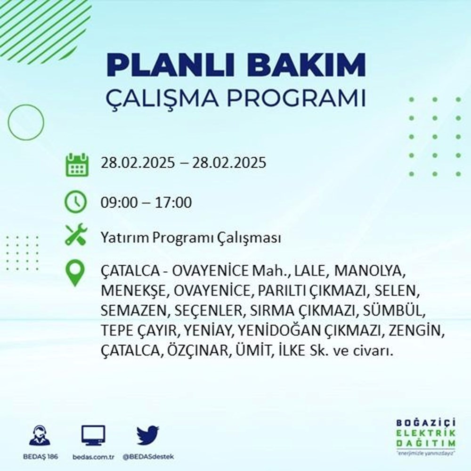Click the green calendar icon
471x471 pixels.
76,164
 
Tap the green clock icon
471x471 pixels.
76,203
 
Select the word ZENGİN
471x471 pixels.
416,331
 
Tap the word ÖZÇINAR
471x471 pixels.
196,351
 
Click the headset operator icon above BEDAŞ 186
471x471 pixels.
40,436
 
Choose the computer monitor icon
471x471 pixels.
93,436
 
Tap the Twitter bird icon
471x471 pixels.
148,436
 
